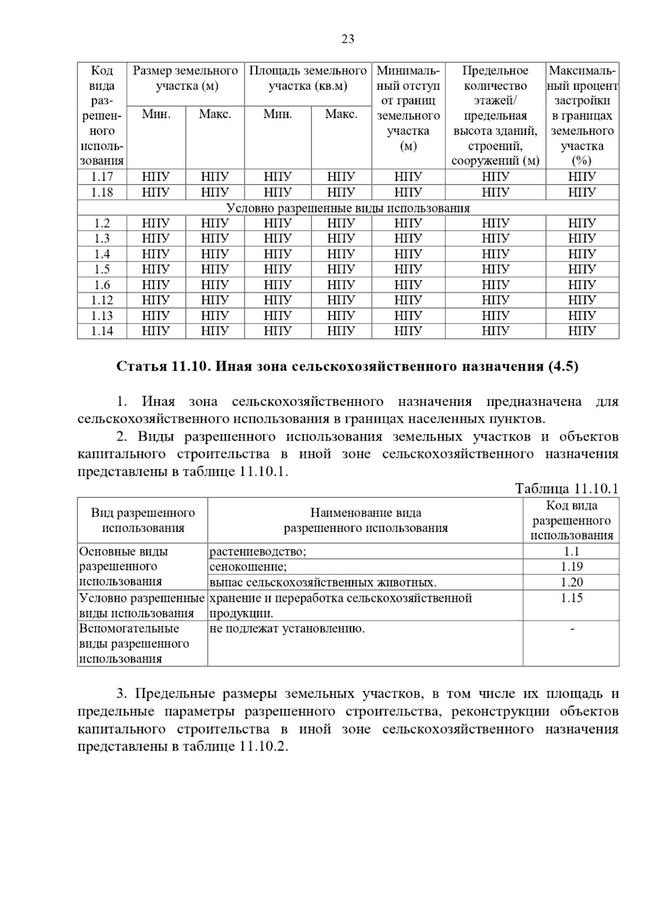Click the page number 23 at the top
coord(348,39)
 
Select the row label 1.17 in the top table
coord(102,177)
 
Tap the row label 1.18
coord(102,192)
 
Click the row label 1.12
coord(102,300)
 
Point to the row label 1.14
coord(102,331)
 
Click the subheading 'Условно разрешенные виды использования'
coord(348,208)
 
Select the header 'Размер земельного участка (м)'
coord(185,78)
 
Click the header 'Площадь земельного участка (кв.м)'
coord(308,78)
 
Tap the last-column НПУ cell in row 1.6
coord(582,285)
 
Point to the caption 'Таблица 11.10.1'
coord(567,489)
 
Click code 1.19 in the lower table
coord(571,567)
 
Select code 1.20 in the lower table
coord(571,582)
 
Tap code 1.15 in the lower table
coord(571,598)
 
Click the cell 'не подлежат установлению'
coord(287,629)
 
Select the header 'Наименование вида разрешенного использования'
coord(366,520)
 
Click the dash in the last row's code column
coord(571,629)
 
